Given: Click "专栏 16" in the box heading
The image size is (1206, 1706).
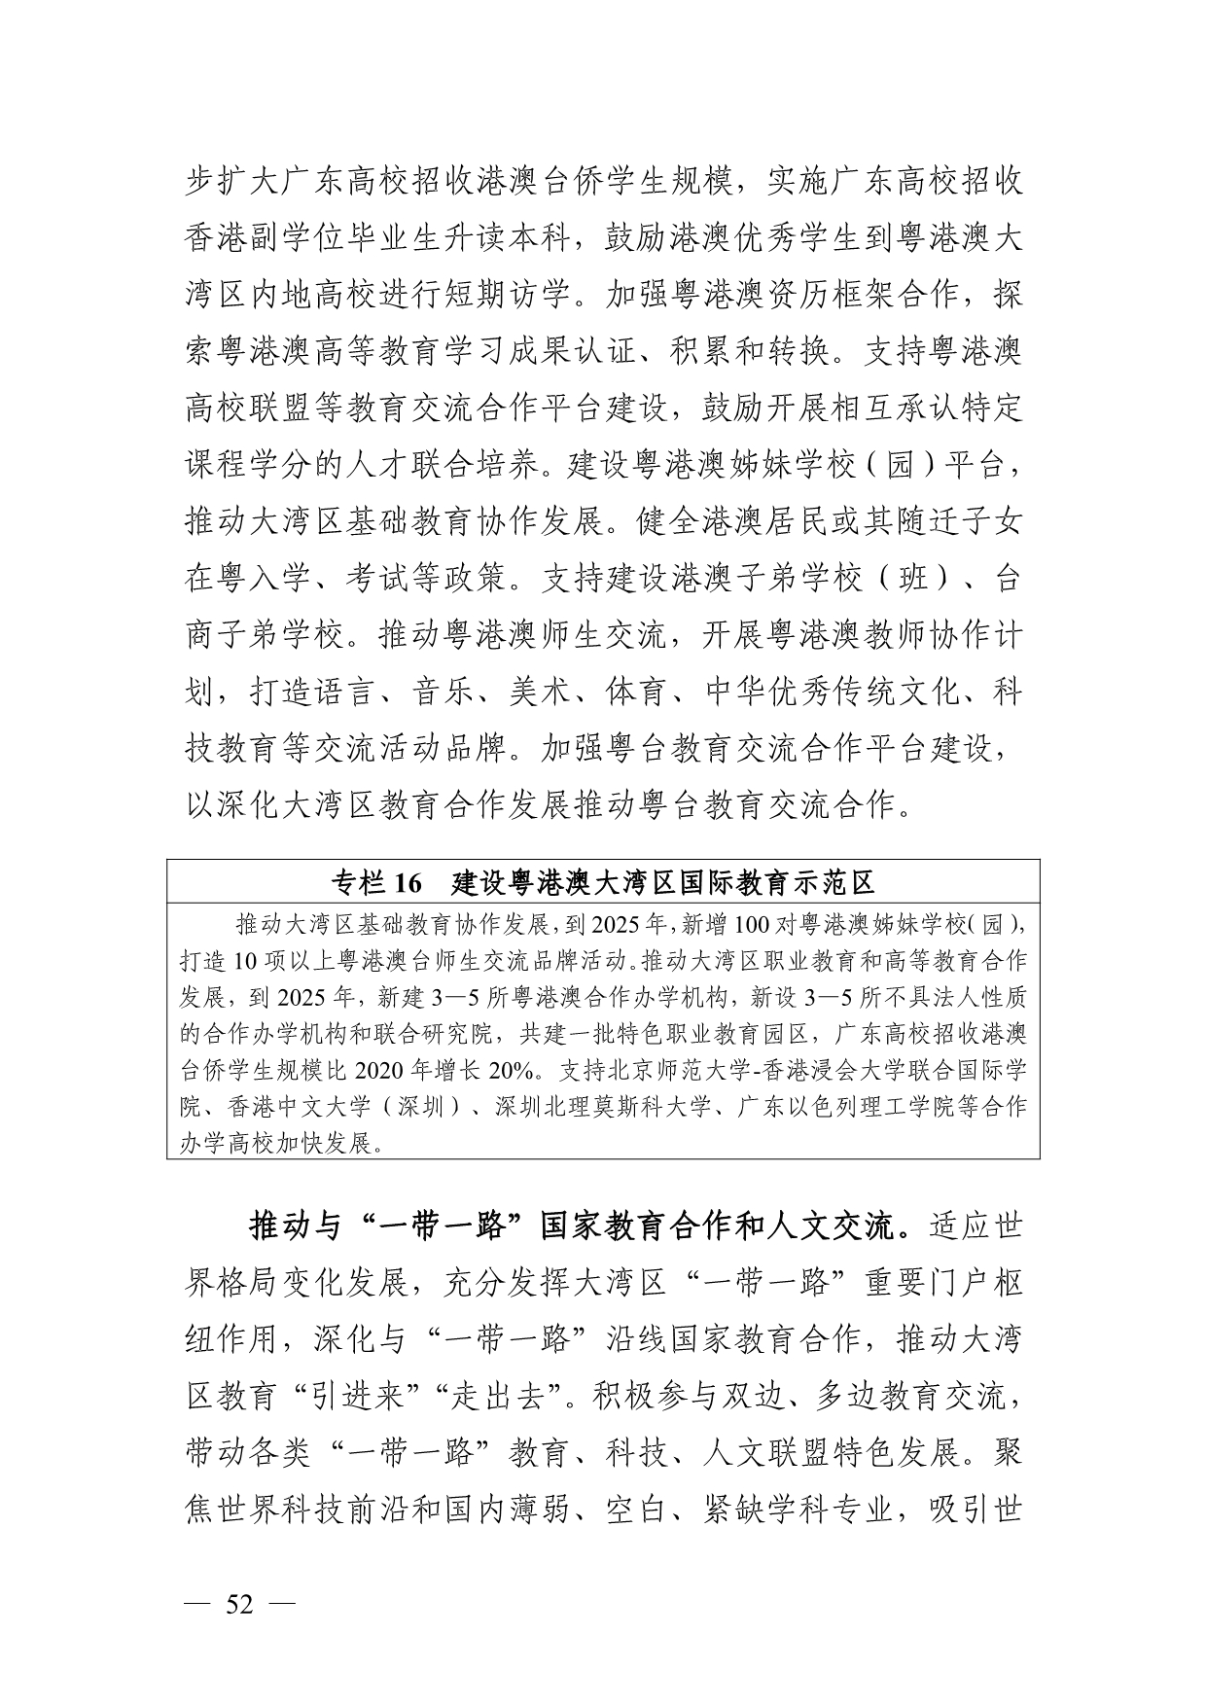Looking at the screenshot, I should click(x=377, y=882).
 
